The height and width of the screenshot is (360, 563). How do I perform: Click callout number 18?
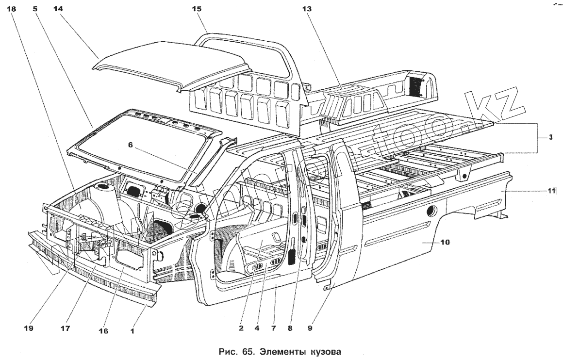pyautogui.click(x=12, y=9)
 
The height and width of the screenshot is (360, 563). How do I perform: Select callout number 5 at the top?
pyautogui.click(x=35, y=9)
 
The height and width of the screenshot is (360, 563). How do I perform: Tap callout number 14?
pyautogui.click(x=58, y=9)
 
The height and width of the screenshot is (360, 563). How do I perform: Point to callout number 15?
pyautogui.click(x=197, y=9)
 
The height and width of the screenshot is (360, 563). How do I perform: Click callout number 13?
pyautogui.click(x=307, y=9)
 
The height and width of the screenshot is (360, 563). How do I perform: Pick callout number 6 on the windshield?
pyautogui.click(x=131, y=145)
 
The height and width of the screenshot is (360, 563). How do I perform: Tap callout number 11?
pyautogui.click(x=552, y=191)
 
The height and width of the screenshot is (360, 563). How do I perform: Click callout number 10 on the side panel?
pyautogui.click(x=445, y=242)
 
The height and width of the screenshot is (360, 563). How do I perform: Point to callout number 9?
pyautogui.click(x=310, y=327)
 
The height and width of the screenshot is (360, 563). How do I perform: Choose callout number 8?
pyautogui.click(x=290, y=327)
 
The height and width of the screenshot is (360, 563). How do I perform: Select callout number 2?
pyautogui.click(x=241, y=327)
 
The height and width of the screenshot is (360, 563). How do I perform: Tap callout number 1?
pyautogui.click(x=132, y=331)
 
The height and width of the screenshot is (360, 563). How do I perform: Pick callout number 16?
pyautogui.click(x=103, y=331)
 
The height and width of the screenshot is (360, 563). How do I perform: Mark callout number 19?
pyautogui.click(x=28, y=328)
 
